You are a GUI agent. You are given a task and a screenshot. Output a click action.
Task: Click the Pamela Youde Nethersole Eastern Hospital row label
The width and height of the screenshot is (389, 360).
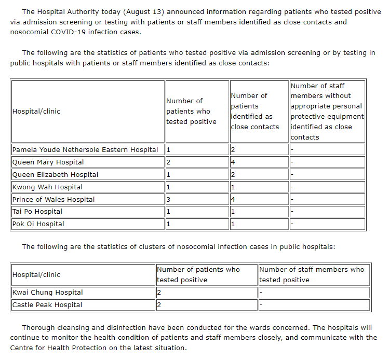[x=85, y=150]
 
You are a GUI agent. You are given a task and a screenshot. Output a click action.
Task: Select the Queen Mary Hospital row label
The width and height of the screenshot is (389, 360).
[x=48, y=162]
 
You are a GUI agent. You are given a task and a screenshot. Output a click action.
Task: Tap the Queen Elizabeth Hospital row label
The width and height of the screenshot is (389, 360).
[x=55, y=175]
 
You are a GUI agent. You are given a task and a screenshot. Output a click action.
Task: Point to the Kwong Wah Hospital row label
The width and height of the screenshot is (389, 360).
[x=47, y=187]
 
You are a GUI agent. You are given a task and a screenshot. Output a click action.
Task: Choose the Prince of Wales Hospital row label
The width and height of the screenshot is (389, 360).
[x=53, y=200]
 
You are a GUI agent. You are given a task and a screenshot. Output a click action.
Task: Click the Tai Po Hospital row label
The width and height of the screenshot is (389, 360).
[x=37, y=212]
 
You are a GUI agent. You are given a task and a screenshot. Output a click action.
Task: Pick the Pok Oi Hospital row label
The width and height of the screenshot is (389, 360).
[x=38, y=224]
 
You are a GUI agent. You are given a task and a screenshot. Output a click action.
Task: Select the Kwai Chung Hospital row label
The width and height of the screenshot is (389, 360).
[x=48, y=293]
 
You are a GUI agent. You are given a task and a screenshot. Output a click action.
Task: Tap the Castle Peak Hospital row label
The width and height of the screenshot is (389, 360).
[x=47, y=305]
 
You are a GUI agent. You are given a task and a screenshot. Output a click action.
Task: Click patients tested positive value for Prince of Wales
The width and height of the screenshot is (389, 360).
[x=168, y=200]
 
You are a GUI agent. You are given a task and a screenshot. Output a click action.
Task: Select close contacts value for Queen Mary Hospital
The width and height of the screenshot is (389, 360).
[x=233, y=162]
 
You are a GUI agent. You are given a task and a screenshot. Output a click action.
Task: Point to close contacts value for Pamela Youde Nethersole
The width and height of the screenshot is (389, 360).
[x=233, y=150]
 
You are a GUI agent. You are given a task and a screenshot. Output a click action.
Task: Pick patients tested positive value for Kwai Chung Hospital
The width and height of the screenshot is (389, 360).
[x=159, y=293]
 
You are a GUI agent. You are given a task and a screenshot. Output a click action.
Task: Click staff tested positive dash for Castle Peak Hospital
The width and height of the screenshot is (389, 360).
[x=261, y=305]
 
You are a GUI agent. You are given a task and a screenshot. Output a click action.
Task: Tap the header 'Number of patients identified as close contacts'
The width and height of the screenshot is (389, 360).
[x=254, y=111]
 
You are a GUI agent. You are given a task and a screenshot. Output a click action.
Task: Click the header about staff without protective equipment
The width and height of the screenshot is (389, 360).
[x=327, y=111]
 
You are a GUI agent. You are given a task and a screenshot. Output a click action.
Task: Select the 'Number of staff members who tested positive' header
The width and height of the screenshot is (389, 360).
[x=312, y=274]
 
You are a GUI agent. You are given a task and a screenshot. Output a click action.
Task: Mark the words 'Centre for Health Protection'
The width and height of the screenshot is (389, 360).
[x=57, y=348]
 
